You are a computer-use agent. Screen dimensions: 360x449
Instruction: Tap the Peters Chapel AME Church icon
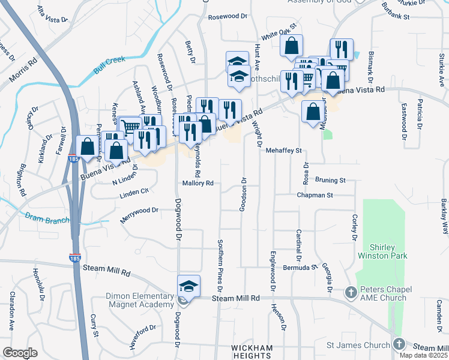coord(352,292)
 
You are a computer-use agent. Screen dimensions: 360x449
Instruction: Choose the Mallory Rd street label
coord(198,183)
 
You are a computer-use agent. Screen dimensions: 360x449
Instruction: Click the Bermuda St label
coord(300,266)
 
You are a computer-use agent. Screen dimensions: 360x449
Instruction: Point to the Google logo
coord(20,353)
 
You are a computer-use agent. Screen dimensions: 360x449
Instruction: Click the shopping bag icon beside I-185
coord(87,146)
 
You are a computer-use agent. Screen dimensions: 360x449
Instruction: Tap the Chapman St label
coord(315,195)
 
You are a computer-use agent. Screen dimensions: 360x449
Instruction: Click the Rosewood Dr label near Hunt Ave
coord(228,17)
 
